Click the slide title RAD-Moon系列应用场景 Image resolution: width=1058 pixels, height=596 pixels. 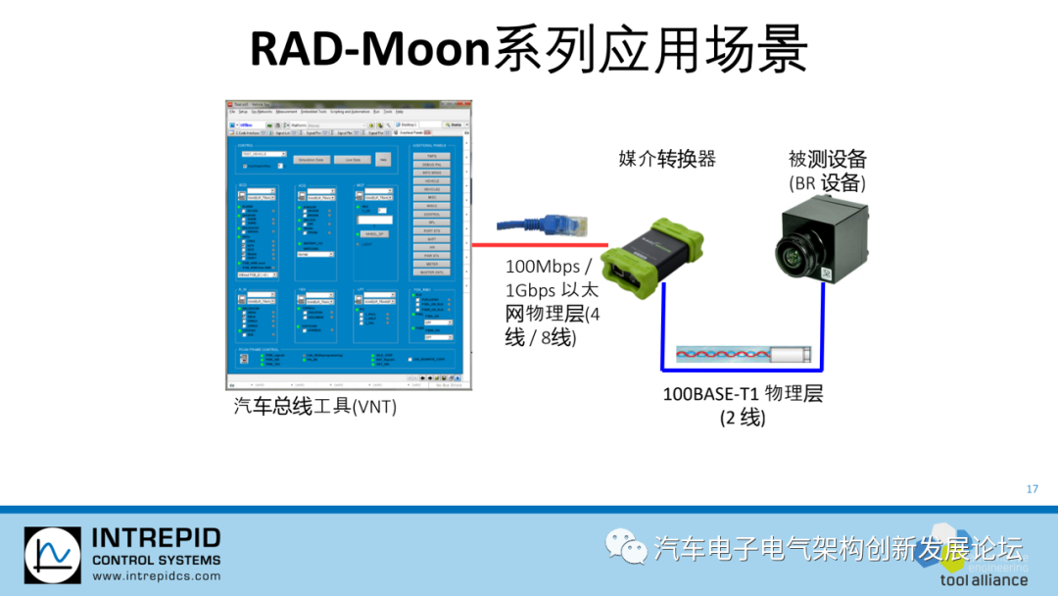(529, 49)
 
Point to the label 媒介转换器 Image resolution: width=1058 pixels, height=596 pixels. (667, 159)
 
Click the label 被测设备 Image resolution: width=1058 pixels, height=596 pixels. (828, 159)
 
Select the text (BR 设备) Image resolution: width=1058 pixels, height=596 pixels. (827, 182)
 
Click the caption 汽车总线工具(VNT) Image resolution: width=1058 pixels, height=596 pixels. (314, 405)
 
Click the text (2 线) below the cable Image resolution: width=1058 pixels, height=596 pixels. (742, 418)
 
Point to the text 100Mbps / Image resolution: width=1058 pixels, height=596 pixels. (549, 267)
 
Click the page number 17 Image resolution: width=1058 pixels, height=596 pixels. (1032, 489)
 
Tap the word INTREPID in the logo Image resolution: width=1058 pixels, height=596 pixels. (156, 538)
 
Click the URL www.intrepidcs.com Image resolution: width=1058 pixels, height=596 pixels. (156, 577)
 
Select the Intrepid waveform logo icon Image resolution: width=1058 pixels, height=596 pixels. (53, 559)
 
